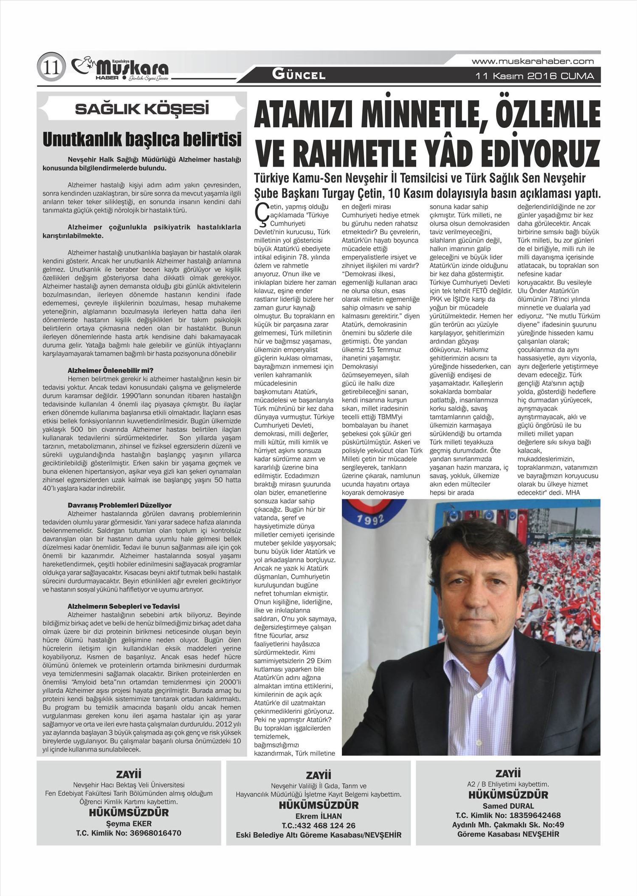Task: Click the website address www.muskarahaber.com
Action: (533, 62)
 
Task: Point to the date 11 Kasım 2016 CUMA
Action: (535, 77)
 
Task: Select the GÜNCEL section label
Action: (299, 76)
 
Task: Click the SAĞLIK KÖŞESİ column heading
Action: (142, 109)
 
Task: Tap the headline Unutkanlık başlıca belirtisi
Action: (142, 139)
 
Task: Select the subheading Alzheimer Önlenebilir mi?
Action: (110, 370)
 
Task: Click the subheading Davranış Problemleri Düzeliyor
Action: (119, 505)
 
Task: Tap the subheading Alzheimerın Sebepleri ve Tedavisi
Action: (124, 606)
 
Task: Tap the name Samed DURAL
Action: (508, 806)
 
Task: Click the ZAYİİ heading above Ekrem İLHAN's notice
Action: (318, 775)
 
